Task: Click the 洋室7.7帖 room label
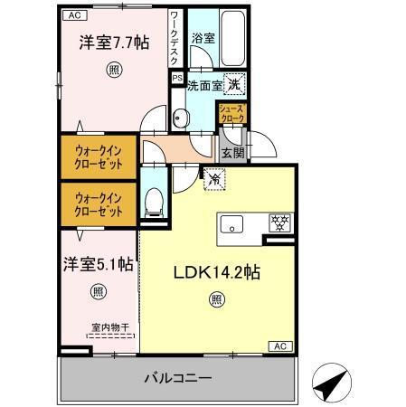click(113, 43)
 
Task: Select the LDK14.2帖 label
click(214, 271)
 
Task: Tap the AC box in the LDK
click(280, 346)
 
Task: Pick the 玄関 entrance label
click(232, 153)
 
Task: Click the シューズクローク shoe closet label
click(231, 114)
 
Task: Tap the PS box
click(177, 79)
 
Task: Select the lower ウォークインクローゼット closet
click(99, 204)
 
